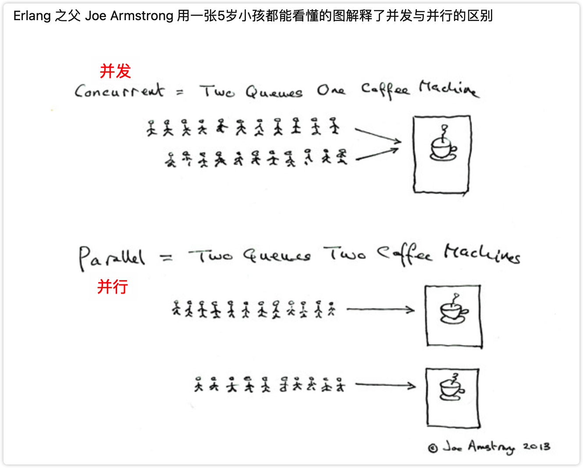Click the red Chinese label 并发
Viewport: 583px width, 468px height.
[115, 71]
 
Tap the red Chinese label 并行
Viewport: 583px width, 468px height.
[113, 287]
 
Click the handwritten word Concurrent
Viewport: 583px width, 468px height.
[119, 91]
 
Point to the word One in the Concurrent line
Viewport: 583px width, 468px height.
[331, 90]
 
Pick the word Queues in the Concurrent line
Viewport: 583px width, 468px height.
[274, 92]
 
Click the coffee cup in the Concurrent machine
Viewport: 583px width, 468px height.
[443, 147]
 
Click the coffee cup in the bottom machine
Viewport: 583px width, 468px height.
[452, 388]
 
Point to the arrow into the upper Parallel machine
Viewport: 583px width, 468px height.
[380, 309]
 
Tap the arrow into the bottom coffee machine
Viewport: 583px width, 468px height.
[385, 385]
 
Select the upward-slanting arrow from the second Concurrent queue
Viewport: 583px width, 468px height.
[377, 154]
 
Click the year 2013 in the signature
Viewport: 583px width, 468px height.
[536, 447]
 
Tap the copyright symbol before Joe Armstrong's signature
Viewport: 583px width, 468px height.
[433, 448]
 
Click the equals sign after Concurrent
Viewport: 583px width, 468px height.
[180, 92]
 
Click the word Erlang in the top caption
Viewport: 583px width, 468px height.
[32, 16]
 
